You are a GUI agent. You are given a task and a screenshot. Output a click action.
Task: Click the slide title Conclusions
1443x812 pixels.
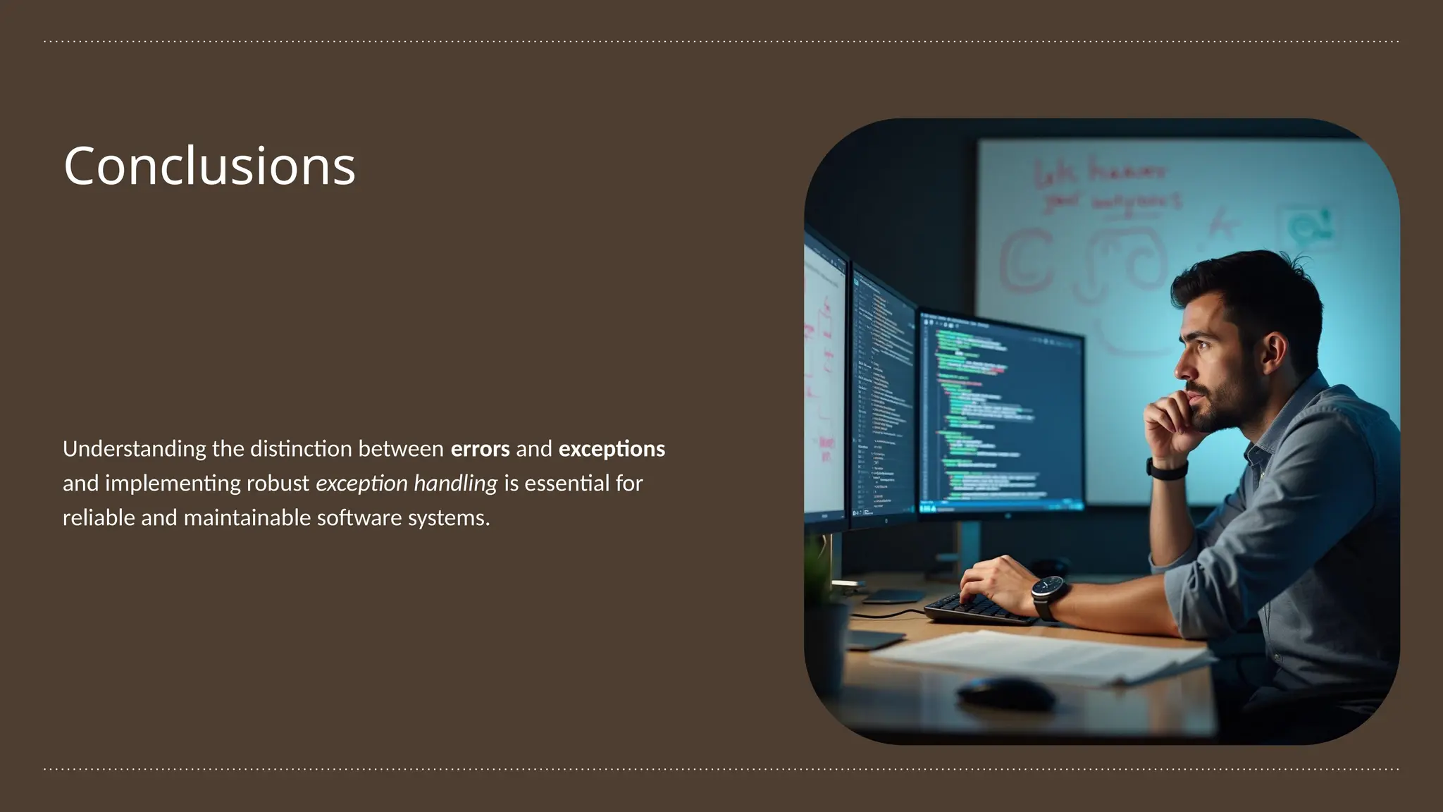tap(209, 166)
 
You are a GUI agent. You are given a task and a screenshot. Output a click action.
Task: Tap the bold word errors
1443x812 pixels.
tap(480, 449)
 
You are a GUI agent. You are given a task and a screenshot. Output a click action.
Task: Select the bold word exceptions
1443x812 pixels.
tap(612, 449)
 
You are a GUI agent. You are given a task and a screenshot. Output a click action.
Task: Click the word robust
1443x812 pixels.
tap(278, 484)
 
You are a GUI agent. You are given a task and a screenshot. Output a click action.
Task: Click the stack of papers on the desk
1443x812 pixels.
tap(1036, 656)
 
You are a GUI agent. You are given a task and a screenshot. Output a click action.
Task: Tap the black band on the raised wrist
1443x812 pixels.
tap(1168, 469)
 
